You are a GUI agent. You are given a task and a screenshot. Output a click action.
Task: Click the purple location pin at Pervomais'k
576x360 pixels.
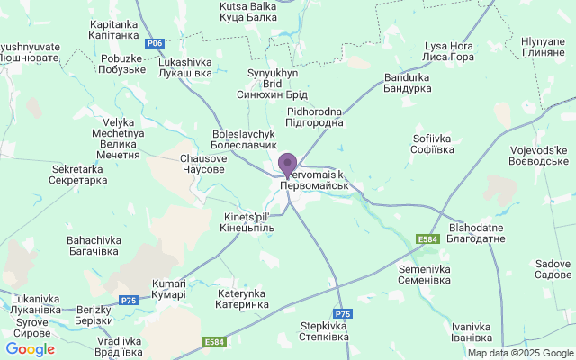pos(287,166)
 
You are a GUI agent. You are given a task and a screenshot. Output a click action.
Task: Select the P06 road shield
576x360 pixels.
pos(156,42)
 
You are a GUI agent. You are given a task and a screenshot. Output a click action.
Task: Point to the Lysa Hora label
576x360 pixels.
pos(449,51)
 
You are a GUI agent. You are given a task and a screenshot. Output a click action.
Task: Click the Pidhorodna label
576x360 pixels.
pos(314,116)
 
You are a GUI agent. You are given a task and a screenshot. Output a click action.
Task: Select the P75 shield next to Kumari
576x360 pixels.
pos(130,300)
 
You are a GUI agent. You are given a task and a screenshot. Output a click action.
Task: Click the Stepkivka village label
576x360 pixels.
pos(324,331)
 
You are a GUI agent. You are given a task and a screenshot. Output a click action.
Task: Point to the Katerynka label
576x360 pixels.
pos(242,299)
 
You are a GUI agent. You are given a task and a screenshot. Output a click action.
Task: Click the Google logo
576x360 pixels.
pos(30,349)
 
